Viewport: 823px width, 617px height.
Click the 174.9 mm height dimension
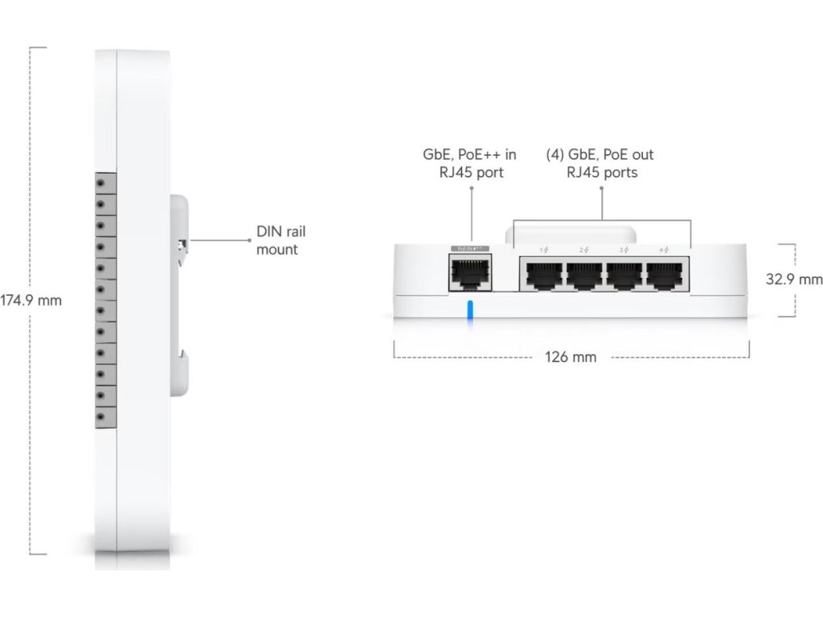coord(31,300)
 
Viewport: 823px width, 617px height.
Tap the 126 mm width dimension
coord(571,357)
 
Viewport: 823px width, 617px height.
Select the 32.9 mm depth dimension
coord(794,280)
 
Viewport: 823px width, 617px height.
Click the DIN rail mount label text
coord(280,240)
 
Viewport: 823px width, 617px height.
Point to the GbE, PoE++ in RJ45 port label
coord(469,163)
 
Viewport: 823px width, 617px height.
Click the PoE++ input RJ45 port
coord(469,274)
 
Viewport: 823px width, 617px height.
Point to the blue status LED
coord(470,314)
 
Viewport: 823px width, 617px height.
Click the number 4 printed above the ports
coord(660,250)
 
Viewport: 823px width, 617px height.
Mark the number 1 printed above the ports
coord(542,250)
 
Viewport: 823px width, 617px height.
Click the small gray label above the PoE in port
coord(469,249)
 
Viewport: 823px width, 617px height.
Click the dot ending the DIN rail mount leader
coord(249,239)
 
